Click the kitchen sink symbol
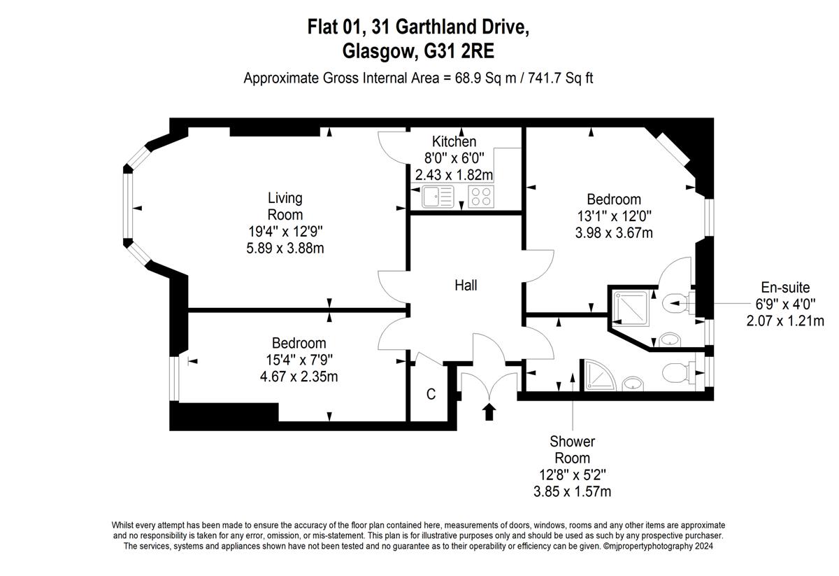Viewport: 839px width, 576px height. pos(438,197)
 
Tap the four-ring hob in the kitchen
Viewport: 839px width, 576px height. pos(481,197)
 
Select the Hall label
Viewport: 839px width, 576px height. pos(466,286)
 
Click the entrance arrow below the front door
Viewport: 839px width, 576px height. pos(489,412)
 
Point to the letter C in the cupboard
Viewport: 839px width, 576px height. pos(431,394)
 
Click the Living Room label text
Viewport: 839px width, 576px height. pos(285,206)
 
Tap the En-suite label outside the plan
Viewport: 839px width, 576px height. pos(785,288)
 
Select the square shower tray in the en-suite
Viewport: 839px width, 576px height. pos(631,308)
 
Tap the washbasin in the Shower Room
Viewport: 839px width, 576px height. pos(633,384)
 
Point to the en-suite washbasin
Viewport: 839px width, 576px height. pos(670,339)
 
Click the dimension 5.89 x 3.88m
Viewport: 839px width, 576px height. pos(285,248)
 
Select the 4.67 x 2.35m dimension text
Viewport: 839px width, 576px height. pos(299,377)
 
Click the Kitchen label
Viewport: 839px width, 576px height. pos(454,142)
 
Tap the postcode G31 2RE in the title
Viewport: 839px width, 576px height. pos(459,51)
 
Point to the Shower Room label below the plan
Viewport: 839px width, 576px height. pos(573,449)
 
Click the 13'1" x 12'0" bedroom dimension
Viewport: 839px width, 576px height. pos(614,216)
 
